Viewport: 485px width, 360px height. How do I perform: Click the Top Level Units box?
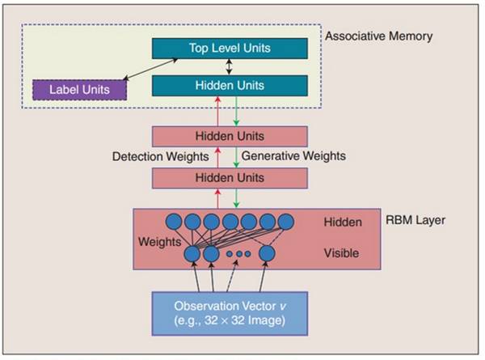pos(230,49)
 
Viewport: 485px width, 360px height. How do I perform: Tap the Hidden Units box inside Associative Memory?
pos(230,85)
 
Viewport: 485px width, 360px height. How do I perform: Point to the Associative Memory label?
pos(378,36)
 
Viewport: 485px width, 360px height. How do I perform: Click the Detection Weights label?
pos(160,155)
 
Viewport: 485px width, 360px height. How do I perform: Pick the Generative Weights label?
pos(294,155)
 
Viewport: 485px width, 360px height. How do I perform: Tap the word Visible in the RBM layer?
pos(340,253)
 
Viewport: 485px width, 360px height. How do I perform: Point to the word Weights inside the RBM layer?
pos(159,242)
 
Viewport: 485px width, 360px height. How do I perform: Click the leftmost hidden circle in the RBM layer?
pos(174,221)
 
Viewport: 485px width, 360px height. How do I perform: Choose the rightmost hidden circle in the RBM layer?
pos(286,221)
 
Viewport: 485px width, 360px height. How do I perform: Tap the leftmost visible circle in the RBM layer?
pos(192,253)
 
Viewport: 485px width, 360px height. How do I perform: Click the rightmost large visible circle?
pos(268,253)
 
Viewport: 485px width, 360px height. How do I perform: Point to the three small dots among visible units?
pos(238,254)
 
